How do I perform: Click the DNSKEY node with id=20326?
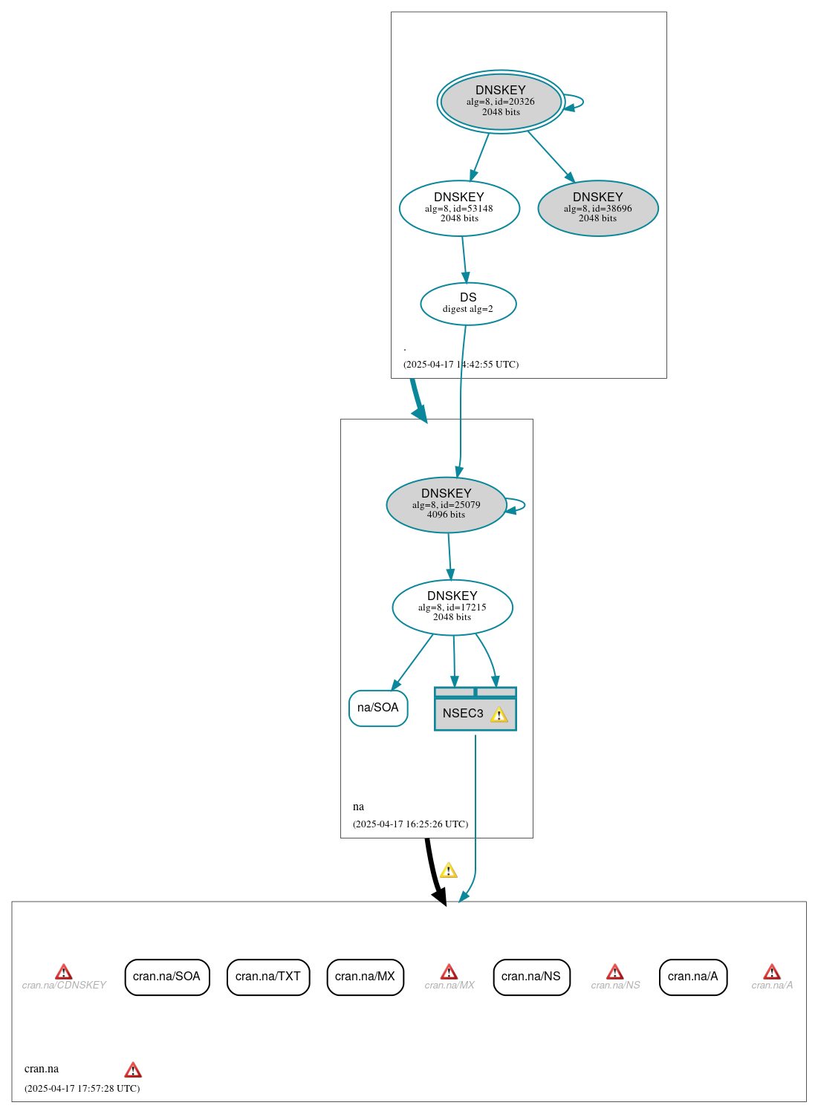[501, 102]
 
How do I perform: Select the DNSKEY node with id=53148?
[459, 208]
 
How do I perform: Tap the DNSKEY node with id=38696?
[597, 208]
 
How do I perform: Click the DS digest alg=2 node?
[468, 303]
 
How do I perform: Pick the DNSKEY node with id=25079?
[446, 504]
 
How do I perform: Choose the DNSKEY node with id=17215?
[452, 607]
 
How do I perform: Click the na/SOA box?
[378, 708]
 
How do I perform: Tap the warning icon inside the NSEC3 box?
[499, 714]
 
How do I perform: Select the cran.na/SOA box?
[166, 977]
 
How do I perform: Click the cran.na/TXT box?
[267, 977]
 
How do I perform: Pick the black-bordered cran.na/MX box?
[365, 977]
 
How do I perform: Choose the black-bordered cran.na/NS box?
[531, 977]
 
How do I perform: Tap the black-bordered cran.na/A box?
[692, 977]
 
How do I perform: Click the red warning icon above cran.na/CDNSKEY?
[64, 971]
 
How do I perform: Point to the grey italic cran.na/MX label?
[449, 986]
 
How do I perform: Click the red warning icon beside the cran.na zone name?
[133, 1069]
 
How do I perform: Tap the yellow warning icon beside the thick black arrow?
[449, 870]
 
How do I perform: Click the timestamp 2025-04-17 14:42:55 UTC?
[461, 365]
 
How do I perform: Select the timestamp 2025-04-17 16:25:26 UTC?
[410, 824]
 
